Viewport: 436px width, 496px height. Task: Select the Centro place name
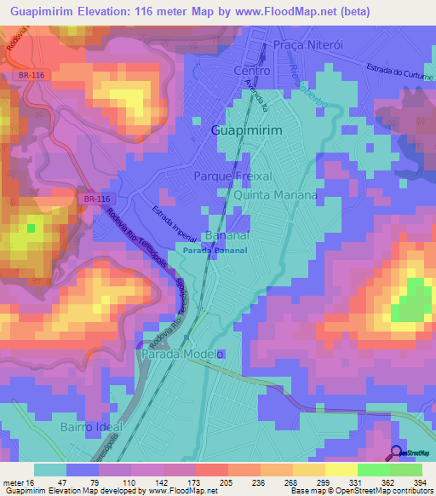pos(251,71)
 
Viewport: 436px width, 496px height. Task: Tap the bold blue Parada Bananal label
pos(215,251)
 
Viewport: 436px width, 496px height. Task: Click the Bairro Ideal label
pos(91,426)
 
